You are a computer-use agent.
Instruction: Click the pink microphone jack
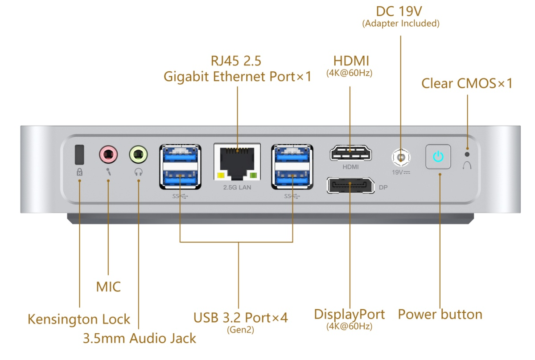tap(108, 155)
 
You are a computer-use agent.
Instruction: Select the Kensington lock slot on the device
tap(79, 154)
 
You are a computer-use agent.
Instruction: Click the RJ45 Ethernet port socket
tap(237, 159)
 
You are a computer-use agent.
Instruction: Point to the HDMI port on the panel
tap(350, 153)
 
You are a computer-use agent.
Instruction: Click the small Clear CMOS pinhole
tap(467, 154)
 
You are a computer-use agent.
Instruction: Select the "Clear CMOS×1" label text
tap(467, 83)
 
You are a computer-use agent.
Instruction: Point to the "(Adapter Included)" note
tap(401, 24)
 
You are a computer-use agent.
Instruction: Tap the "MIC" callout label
tap(108, 286)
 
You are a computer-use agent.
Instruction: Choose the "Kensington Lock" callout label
tap(79, 319)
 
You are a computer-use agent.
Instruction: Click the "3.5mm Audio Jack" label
tap(139, 338)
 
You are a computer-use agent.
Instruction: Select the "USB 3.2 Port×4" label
tap(240, 318)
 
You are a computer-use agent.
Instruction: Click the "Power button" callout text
tap(440, 314)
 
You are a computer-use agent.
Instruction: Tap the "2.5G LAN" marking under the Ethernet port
tap(237, 188)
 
